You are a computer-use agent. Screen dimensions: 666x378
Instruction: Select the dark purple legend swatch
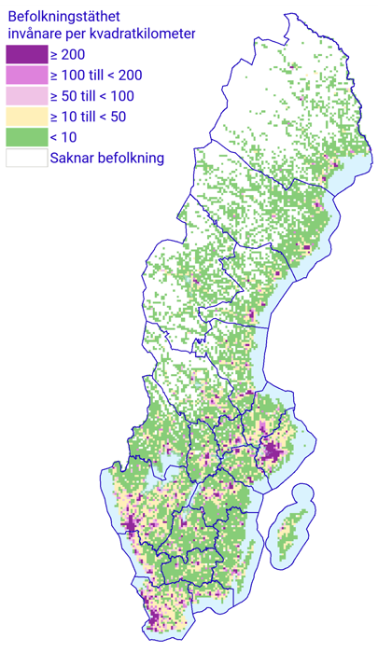[26, 55]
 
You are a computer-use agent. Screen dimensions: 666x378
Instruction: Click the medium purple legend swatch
[26, 76]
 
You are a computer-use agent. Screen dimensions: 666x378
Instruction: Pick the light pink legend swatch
[26, 96]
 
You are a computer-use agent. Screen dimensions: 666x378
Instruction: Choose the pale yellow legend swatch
[26, 117]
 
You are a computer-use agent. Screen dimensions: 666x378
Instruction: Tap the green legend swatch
[26, 137]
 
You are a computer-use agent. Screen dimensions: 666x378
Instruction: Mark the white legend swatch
[26, 158]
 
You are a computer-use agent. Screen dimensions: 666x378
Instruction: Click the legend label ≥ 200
[67, 55]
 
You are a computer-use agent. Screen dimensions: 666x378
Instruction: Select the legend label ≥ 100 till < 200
[96, 76]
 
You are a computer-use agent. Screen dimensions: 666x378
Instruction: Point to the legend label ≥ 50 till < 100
[91, 96]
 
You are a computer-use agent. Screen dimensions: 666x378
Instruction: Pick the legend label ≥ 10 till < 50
[88, 117]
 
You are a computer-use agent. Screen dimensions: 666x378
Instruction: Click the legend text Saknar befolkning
[107, 158]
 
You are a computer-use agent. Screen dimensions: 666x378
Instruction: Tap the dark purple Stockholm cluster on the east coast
[272, 454]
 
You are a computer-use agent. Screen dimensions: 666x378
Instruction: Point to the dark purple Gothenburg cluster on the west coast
[129, 525]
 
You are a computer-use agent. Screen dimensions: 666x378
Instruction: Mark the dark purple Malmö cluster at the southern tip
[153, 617]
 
